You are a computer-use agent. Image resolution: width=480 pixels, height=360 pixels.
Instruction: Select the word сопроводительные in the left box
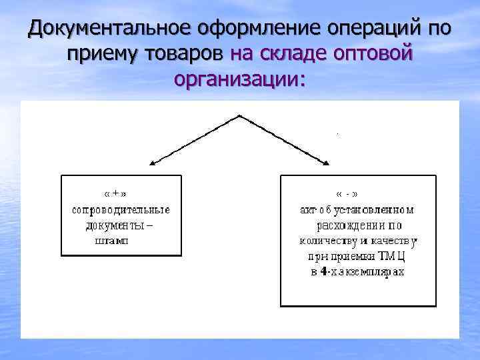pyautogui.click(x=121, y=209)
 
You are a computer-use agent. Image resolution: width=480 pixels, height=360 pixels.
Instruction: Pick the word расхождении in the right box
pyautogui.click(x=351, y=225)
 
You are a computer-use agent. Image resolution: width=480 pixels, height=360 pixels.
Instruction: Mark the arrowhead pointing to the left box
pyautogui.click(x=153, y=163)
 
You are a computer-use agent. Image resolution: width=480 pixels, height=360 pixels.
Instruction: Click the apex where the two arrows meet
pyautogui.click(x=239, y=116)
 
